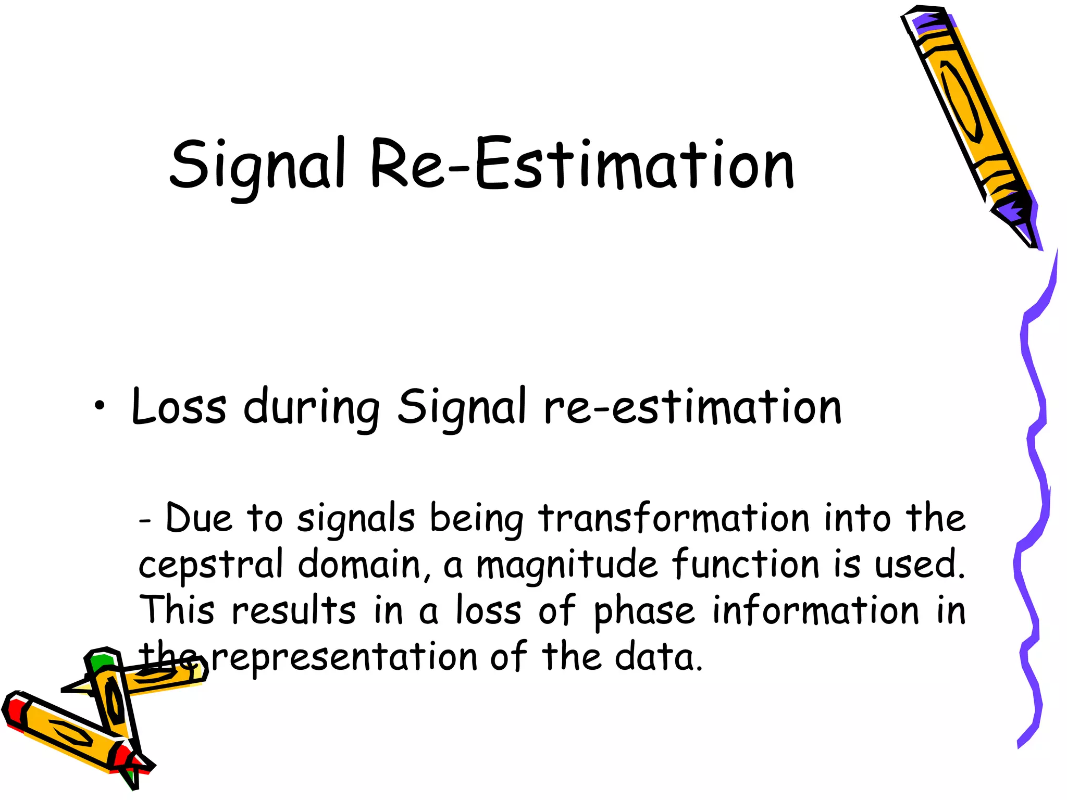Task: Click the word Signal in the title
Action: click(x=257, y=166)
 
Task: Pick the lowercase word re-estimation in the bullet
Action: click(x=692, y=407)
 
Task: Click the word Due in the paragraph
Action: click(x=198, y=519)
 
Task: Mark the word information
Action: click(x=816, y=610)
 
